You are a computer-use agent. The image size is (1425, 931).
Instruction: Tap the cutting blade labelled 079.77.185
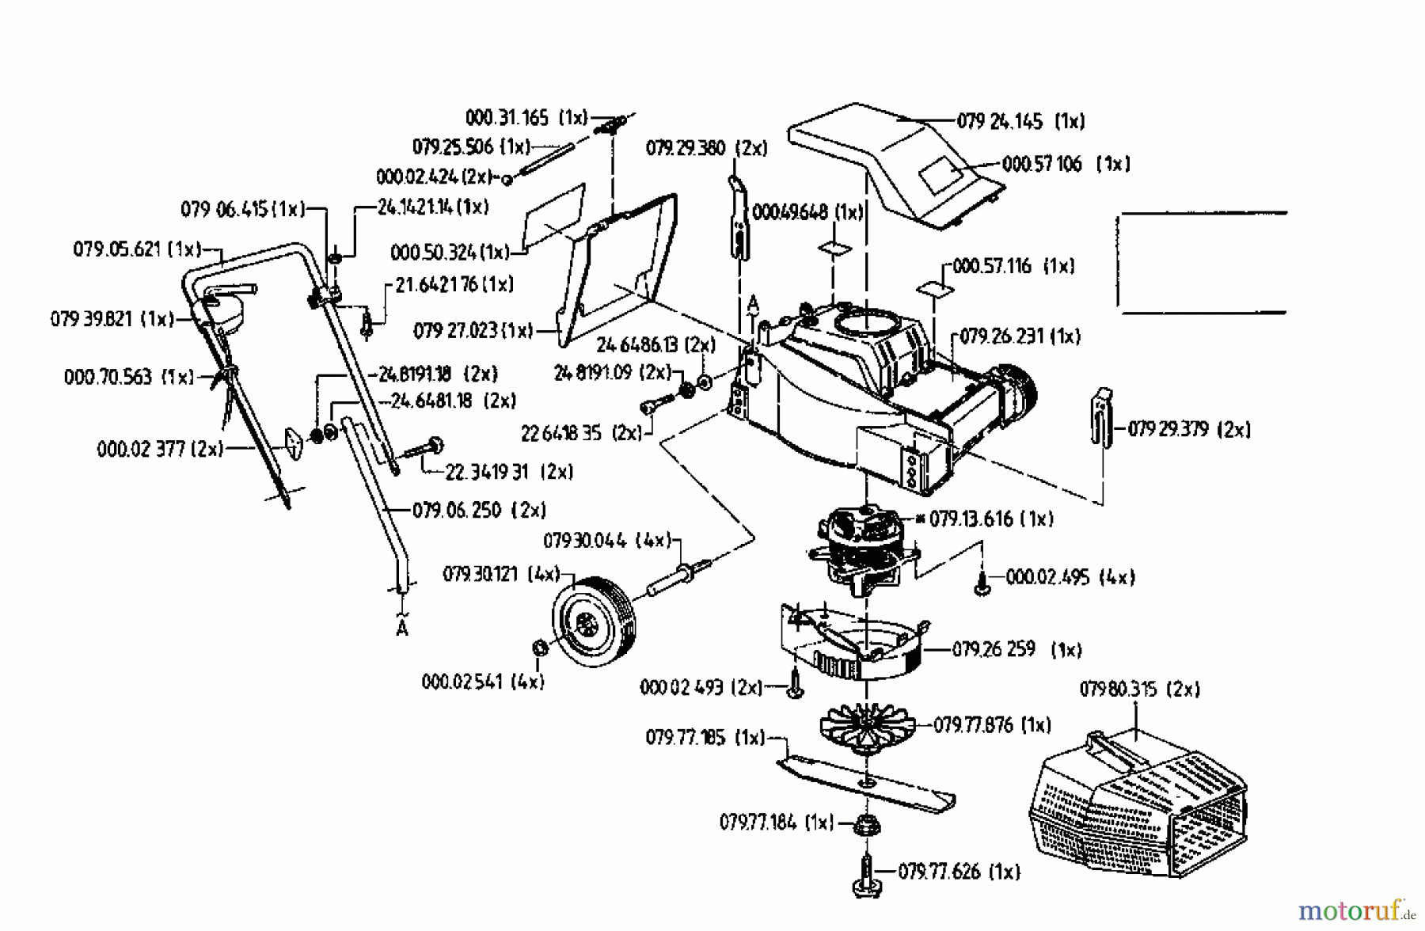[867, 783]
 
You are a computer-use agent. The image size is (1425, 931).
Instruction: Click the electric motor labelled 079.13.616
[863, 546]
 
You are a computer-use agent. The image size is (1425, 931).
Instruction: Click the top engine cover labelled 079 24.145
[887, 158]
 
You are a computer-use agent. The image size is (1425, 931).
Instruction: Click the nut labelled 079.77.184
[866, 826]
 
